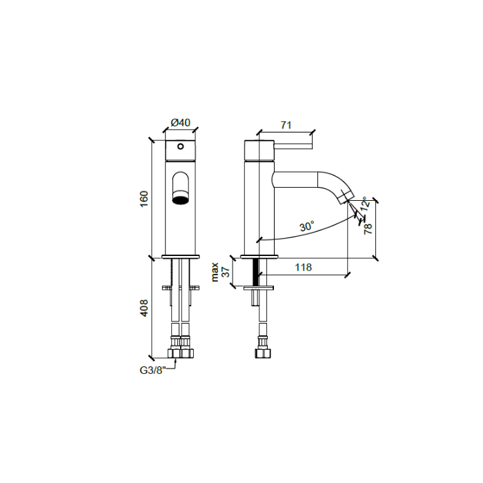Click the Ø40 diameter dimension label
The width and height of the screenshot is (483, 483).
[180, 123]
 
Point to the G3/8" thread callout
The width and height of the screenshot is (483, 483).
[152, 370]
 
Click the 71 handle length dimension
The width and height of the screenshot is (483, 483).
[286, 125]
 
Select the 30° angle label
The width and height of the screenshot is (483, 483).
[306, 226]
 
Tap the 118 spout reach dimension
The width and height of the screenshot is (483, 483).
[303, 267]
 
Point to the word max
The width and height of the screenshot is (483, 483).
[215, 271]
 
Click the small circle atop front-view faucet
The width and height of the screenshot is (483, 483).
[180, 146]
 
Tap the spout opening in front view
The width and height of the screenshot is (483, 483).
[180, 201]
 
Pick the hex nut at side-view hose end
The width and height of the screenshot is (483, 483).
[262, 354]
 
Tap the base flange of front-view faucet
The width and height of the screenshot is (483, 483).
[180, 257]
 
